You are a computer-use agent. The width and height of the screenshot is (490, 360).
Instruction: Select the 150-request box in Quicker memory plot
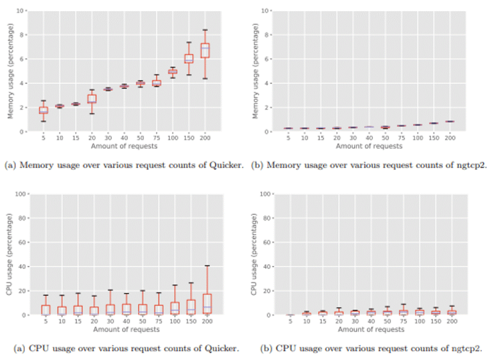click(189, 58)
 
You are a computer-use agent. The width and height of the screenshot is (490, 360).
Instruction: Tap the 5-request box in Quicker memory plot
click(43, 110)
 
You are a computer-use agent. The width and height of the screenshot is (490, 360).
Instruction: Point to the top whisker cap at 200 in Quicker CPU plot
click(207, 266)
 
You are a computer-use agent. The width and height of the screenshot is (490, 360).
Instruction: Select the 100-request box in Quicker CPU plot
click(175, 308)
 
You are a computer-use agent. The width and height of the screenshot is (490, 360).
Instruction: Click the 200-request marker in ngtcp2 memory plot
click(449, 121)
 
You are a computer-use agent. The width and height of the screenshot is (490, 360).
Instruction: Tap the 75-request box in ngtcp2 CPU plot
click(403, 312)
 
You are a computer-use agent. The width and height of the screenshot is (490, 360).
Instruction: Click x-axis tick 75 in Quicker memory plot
click(156, 138)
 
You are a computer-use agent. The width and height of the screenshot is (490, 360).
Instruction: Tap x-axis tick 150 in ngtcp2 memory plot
click(433, 138)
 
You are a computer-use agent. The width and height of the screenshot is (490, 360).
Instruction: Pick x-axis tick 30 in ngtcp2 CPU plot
click(354, 321)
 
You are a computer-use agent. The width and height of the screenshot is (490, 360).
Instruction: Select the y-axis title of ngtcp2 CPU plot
click(255, 254)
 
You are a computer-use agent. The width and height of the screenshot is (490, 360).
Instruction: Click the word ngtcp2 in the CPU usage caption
click(467, 348)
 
